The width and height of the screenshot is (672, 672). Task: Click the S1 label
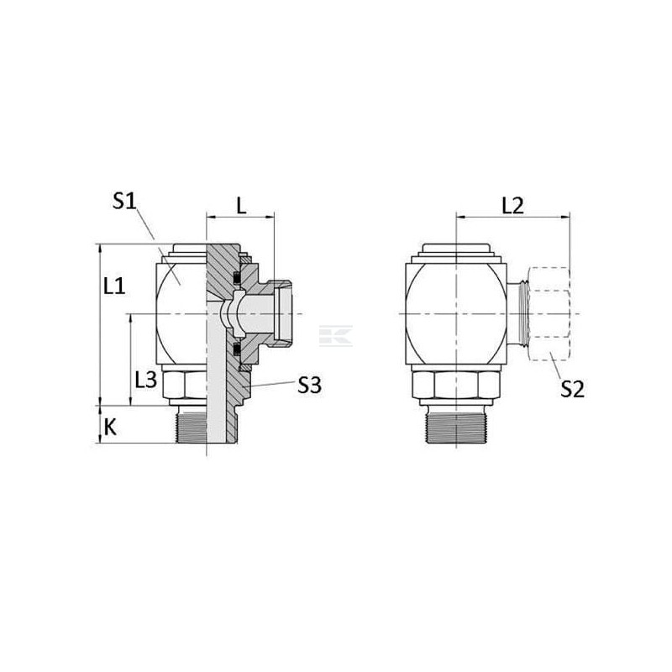pyautogui.click(x=123, y=201)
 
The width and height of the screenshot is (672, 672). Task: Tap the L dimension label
pyautogui.click(x=242, y=207)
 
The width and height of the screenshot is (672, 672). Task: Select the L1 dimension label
pyautogui.click(x=114, y=286)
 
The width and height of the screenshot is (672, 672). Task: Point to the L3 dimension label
pyautogui.click(x=146, y=380)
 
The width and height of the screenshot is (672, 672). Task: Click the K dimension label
pyautogui.click(x=111, y=428)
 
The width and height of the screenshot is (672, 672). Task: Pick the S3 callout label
pyautogui.click(x=309, y=386)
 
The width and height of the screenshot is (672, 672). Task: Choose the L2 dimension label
pyautogui.click(x=512, y=206)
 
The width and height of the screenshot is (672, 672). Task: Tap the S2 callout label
pyautogui.click(x=573, y=390)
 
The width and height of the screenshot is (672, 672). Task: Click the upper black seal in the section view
pyautogui.click(x=236, y=278)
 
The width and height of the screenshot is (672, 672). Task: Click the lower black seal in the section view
pyautogui.click(x=236, y=349)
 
